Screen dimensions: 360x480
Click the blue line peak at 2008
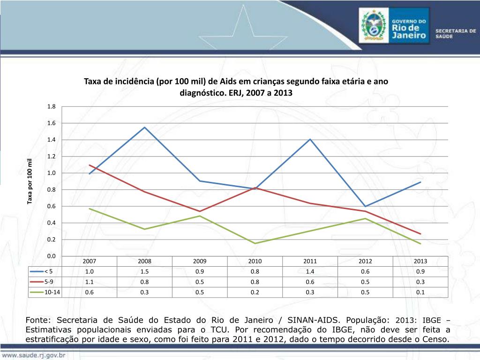145,127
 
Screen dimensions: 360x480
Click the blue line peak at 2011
310,139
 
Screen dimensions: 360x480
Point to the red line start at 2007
90,165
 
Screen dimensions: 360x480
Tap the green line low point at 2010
255,243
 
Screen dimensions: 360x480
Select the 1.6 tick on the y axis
51,123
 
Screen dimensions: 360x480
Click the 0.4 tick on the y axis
51,223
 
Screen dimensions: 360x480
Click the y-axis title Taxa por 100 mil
30,181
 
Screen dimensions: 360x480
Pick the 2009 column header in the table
200,262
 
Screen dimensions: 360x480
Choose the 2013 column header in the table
420,262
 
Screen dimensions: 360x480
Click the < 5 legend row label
49,271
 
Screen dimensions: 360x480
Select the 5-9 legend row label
49,282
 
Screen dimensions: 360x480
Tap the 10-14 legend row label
52,292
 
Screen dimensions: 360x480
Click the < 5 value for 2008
145,271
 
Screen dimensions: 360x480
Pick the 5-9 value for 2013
420,282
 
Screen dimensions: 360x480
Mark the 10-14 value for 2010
255,292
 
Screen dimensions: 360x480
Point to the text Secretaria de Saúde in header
456,33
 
